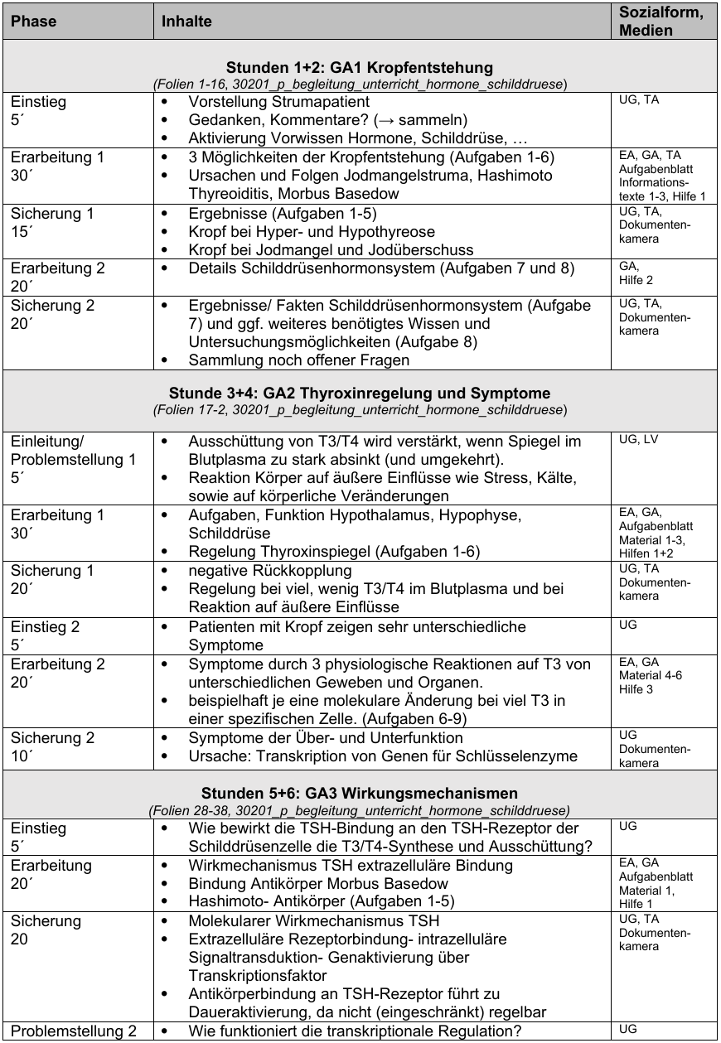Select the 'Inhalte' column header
(x=186, y=21)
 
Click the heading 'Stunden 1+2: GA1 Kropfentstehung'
(x=360, y=67)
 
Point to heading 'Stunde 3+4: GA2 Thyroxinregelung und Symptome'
(x=360, y=393)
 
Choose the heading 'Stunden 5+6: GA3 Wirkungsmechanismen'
(x=360, y=793)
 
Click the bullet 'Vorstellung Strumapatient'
(x=279, y=103)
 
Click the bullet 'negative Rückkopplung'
(x=269, y=571)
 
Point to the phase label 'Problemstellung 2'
(x=74, y=1031)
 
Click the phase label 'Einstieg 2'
(x=45, y=627)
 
